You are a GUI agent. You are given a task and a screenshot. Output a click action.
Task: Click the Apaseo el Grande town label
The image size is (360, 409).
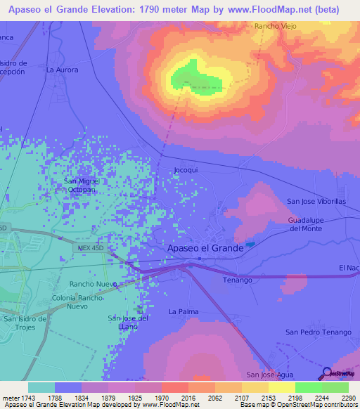(205, 248)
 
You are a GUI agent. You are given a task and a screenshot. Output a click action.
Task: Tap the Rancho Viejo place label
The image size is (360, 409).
(275, 26)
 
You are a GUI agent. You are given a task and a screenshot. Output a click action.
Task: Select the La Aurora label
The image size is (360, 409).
(62, 70)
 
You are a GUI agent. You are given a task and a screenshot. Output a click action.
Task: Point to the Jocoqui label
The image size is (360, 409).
(186, 170)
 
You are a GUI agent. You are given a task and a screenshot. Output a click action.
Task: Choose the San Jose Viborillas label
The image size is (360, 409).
(316, 201)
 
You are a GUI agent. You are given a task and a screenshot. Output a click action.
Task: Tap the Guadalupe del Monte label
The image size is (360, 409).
(304, 224)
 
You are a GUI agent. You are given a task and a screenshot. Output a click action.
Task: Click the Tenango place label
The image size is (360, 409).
(237, 280)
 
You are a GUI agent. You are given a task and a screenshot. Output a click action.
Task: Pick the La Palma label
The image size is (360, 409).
(184, 311)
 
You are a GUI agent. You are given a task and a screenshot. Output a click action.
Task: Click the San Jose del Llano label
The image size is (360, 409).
(128, 323)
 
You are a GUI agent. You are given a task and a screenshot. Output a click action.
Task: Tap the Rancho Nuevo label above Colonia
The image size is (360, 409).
(93, 284)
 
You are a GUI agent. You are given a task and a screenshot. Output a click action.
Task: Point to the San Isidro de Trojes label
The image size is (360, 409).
(30, 323)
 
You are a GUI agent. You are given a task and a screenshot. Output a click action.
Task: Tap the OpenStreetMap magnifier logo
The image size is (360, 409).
(328, 374)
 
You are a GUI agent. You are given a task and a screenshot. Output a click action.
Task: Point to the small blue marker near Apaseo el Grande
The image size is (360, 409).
(252, 244)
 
